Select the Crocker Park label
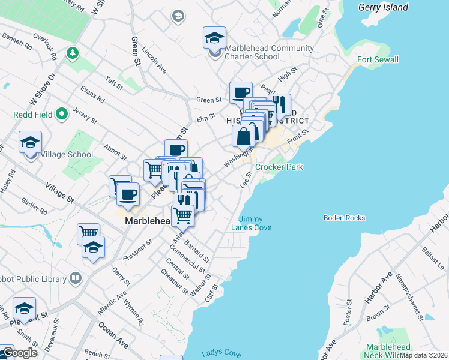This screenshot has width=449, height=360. (x=279, y=167)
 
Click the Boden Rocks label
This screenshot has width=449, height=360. (x=344, y=218)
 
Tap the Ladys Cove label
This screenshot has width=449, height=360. (x=221, y=353)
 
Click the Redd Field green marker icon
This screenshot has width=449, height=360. (x=62, y=113)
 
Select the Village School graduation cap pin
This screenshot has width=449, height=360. (x=30, y=143)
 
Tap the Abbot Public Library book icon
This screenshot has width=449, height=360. (x=76, y=278)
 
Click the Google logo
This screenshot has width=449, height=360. (x=20, y=353)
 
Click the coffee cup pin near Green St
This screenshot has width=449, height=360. (x=241, y=93)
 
